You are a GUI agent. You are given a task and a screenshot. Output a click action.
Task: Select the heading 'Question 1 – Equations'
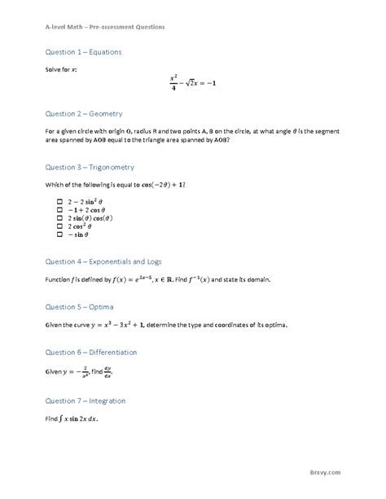pyautogui.click(x=83, y=52)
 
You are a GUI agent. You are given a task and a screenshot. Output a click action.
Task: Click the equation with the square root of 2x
pyautogui.click(x=193, y=84)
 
